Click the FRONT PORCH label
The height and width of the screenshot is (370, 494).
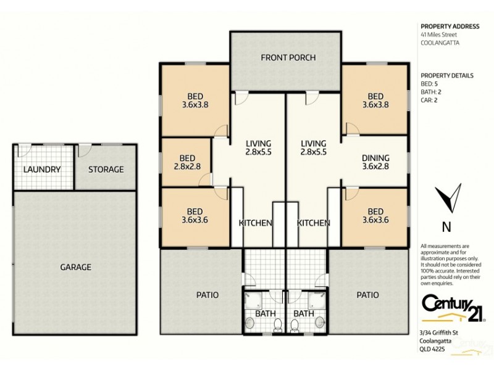288,58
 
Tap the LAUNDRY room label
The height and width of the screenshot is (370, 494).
42,170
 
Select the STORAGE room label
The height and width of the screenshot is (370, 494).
106,170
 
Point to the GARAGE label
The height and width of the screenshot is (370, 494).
75,267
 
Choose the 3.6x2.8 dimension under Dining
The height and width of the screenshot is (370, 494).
375,166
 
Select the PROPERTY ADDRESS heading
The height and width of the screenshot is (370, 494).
449,27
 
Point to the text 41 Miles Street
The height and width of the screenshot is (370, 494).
440,35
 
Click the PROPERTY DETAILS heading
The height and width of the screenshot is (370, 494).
446,75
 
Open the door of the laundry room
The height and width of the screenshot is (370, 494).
25,149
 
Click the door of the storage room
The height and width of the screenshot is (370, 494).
85,149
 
